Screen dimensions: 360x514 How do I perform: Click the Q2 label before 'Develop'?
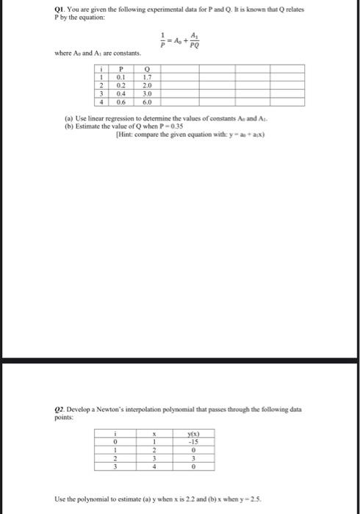pos(60,408)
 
